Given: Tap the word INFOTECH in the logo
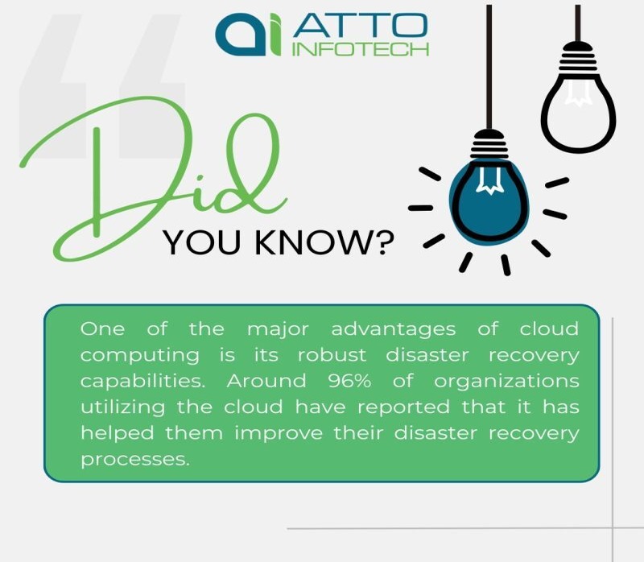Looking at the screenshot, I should pyautogui.click(x=360, y=49).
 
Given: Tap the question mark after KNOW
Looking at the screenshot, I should pyautogui.click(x=383, y=242).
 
